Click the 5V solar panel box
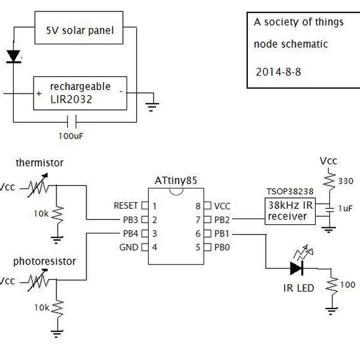coord(82,29)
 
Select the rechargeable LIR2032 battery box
coord(80,94)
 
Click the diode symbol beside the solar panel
coord(13,56)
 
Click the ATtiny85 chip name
coord(175,179)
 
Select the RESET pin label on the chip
coord(125,205)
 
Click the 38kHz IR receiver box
coord(290,212)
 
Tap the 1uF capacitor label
coord(345,208)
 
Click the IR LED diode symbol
coord(297,268)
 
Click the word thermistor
coord(40,163)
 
